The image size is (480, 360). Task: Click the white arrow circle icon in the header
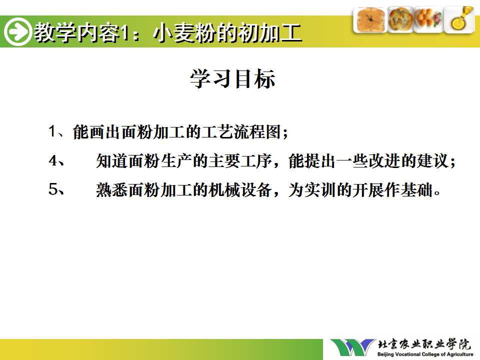pos(18,32)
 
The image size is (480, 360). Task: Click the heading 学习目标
pos(232,78)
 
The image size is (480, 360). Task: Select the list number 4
pos(53,160)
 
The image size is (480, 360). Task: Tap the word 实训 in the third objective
pos(320,189)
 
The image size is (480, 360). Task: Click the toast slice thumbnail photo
pos(370,20)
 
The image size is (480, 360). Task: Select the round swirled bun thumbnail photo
pos(400,20)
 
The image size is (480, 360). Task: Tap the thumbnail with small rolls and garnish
pos(428,20)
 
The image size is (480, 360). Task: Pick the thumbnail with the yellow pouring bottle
pos(459,20)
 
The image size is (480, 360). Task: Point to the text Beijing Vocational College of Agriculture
pos(425,354)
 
